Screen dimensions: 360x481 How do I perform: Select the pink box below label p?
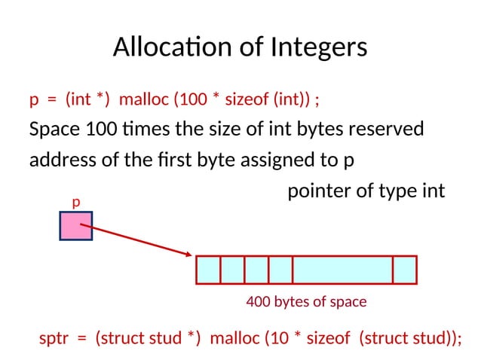(x=76, y=225)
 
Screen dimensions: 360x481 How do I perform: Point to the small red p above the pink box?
(x=75, y=203)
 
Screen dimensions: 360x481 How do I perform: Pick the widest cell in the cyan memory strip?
(x=342, y=270)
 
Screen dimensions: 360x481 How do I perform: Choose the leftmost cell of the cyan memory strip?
(x=208, y=270)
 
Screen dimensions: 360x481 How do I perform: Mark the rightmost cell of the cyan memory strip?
(x=405, y=270)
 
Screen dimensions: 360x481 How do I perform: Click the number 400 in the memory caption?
(x=259, y=302)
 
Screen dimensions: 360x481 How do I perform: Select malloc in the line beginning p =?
(x=145, y=99)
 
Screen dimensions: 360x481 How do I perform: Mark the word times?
(x=145, y=130)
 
